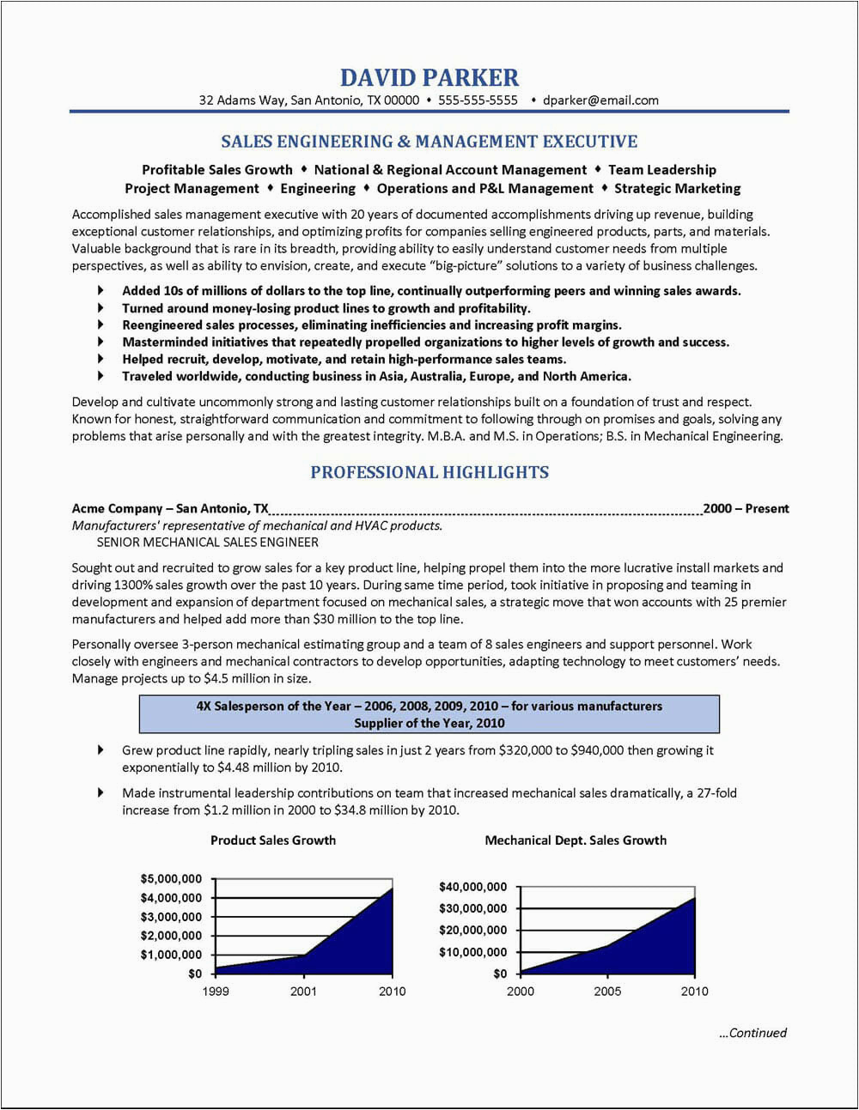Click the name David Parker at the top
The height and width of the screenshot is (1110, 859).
point(429,78)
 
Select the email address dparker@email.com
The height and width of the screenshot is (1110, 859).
point(600,100)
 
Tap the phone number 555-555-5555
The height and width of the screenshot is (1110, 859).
point(478,100)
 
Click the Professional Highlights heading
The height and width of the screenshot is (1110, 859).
point(429,472)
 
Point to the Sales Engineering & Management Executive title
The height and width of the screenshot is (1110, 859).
point(429,142)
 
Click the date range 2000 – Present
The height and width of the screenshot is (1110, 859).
point(746,508)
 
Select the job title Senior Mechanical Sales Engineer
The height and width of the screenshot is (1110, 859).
point(207,543)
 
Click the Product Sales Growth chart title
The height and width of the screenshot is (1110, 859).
point(273,840)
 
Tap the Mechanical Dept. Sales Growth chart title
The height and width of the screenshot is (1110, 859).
point(576,840)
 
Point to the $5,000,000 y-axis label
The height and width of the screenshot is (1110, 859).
point(171,879)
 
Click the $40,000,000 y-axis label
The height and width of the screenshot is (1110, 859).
point(472,887)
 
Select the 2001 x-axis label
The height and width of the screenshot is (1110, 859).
point(303,992)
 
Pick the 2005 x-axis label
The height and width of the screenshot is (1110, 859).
point(607,992)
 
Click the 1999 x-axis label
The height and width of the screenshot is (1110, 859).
point(215,992)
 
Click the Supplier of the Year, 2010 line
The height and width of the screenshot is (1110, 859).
point(429,723)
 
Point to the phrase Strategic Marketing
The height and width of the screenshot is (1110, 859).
point(678,189)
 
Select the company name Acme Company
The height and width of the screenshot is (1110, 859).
point(118,508)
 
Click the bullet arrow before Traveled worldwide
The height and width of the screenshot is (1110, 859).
point(101,376)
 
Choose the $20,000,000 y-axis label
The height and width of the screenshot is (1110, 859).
point(472,931)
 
